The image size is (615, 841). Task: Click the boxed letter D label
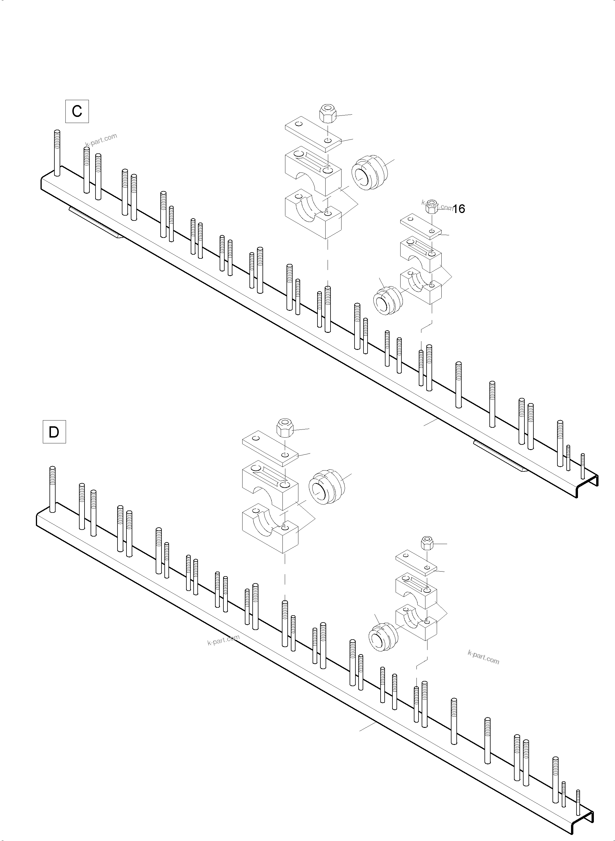(x=54, y=432)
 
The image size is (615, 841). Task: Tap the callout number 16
(x=459, y=209)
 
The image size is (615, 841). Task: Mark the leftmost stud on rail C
(x=57, y=153)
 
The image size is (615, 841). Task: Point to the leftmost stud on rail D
(x=52, y=489)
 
